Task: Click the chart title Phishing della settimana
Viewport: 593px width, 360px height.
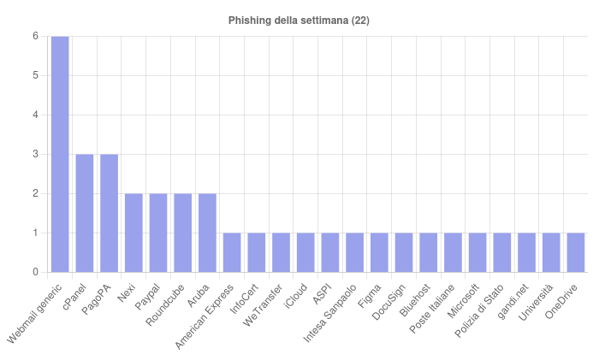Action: [x=299, y=20]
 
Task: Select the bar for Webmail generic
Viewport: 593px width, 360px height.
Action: [x=60, y=154]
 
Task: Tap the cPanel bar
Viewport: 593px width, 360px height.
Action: [x=85, y=213]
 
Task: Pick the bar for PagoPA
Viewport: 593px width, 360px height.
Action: [x=109, y=213]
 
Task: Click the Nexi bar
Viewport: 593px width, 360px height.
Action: [x=133, y=233]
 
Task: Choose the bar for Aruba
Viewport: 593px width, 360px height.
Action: [x=207, y=233]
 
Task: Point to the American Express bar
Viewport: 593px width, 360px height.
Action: [x=232, y=252]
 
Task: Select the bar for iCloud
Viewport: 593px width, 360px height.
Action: [x=305, y=252]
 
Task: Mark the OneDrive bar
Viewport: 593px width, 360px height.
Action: [x=576, y=252]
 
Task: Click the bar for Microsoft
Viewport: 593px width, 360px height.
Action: [x=477, y=252]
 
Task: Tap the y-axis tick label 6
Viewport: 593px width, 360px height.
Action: [x=35, y=36]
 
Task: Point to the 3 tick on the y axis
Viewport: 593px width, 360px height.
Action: [x=35, y=154]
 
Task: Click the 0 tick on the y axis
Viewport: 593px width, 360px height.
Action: [x=35, y=272]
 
